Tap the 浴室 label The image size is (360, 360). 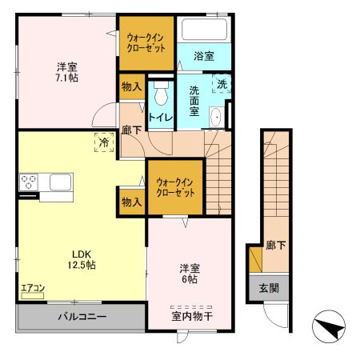pyautogui.click(x=205, y=55)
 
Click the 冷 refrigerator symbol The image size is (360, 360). pyautogui.click(x=104, y=142)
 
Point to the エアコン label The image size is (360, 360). pyautogui.click(x=33, y=289)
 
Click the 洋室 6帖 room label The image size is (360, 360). pyautogui.click(x=190, y=274)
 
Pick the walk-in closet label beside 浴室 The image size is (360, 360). pyautogui.click(x=146, y=41)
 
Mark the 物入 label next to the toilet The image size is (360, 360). pyautogui.click(x=131, y=86)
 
